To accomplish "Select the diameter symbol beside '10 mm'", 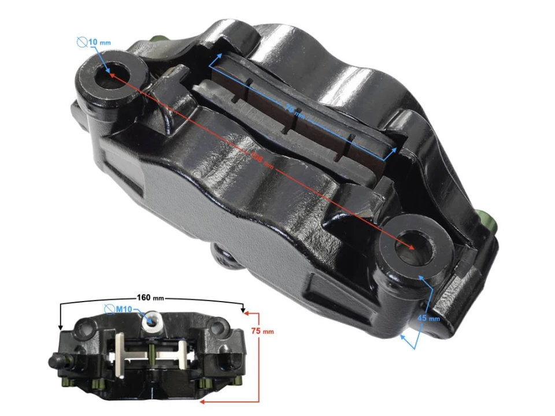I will pos(82,42).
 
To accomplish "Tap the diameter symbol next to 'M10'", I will pos(109,310).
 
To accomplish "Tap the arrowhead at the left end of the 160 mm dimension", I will pos(60,328).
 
